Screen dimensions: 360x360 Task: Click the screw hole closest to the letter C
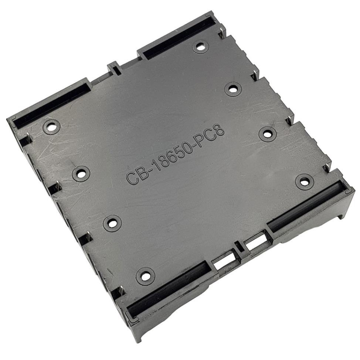coord(81,173)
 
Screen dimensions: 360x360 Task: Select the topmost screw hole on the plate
coord(201,47)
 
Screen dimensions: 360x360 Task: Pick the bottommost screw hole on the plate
coord(145,276)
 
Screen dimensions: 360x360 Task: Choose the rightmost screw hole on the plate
coord(304,181)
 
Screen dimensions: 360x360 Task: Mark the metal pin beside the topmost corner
coord(222,34)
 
